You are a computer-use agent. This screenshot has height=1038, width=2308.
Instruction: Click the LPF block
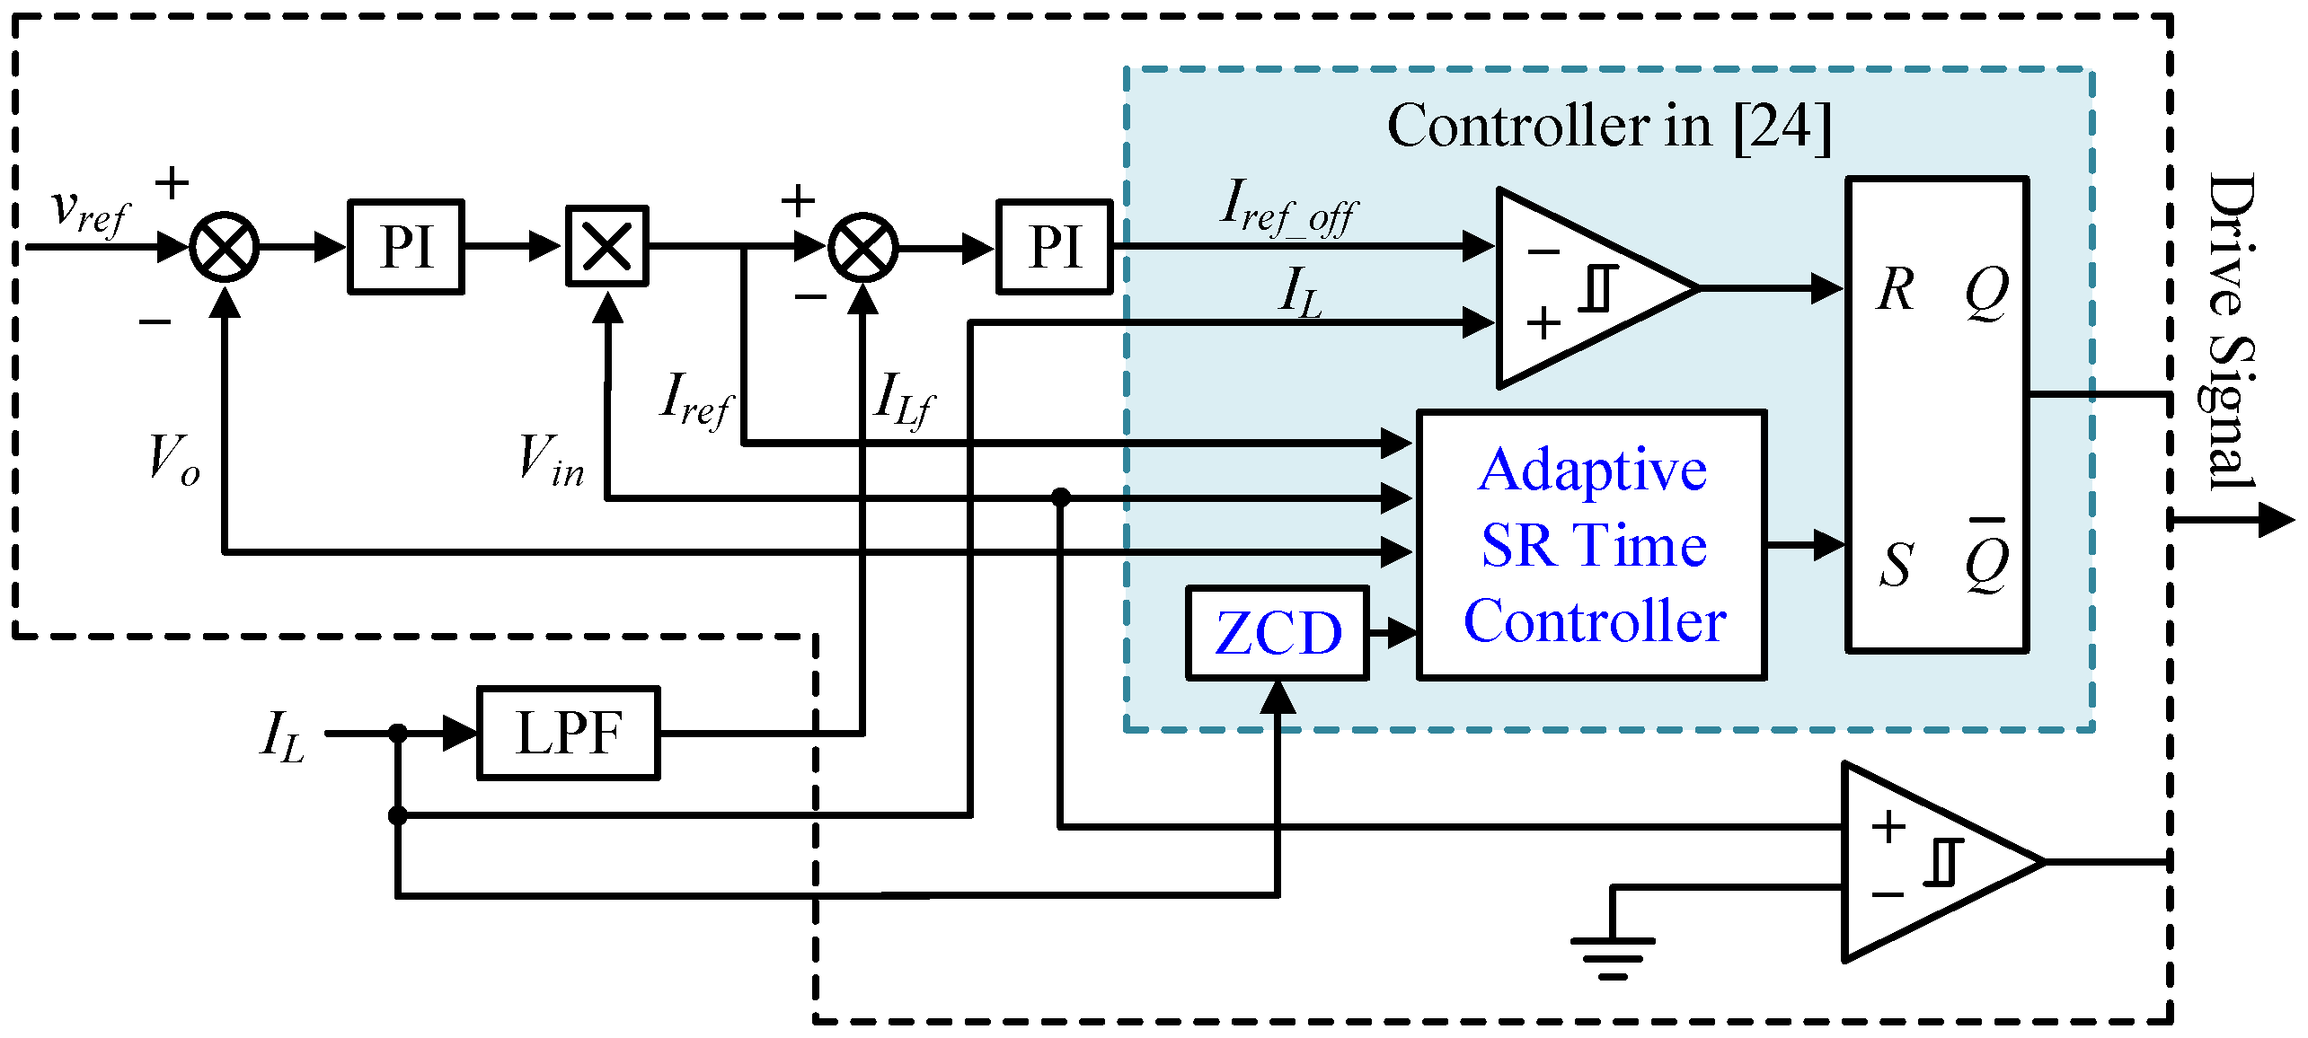[568, 733]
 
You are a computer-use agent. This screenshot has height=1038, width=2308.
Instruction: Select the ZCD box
[1277, 633]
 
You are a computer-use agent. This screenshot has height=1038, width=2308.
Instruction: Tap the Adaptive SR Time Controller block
[1591, 545]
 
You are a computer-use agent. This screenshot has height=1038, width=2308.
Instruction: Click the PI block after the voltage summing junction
[406, 247]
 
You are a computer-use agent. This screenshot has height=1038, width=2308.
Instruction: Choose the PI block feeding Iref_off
[1054, 247]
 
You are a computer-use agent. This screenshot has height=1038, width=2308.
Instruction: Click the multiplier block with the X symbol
[606, 247]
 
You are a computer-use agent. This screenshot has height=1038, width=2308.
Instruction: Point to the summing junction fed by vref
[225, 247]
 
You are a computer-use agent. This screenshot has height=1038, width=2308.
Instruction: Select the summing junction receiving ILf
[862, 249]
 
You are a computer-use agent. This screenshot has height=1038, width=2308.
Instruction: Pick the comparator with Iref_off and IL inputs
[1581, 288]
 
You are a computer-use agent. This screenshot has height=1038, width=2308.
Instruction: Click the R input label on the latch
[1896, 290]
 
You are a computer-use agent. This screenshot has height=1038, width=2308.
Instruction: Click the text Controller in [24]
[1608, 126]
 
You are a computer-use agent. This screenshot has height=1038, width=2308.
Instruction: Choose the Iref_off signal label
[1289, 207]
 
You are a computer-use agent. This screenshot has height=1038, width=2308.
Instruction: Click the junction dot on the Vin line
[1061, 497]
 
